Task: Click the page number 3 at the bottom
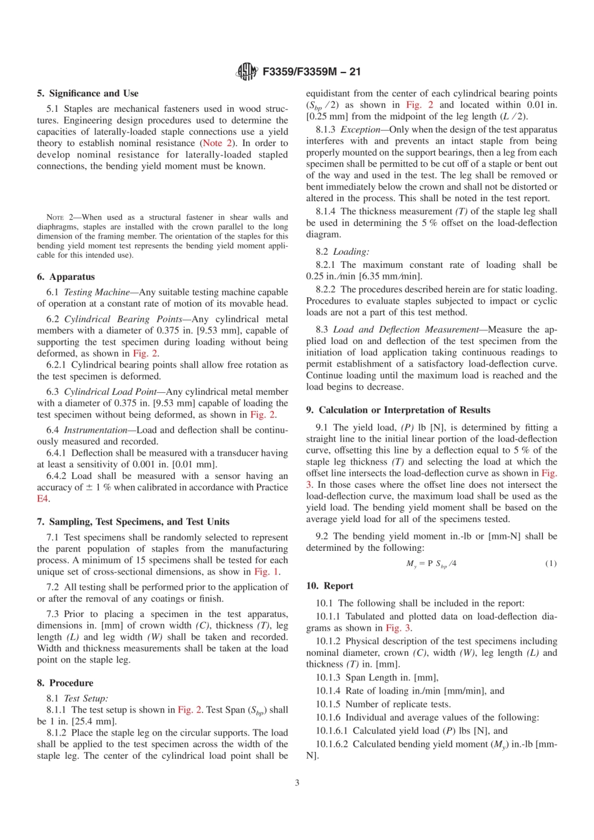(297, 783)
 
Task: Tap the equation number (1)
(550, 563)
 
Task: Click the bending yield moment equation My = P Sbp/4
(431, 563)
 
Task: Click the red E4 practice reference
(43, 498)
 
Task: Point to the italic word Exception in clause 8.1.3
(360, 129)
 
